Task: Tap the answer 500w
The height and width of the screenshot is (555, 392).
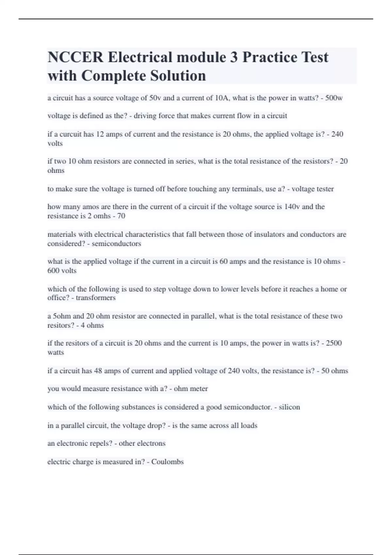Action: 334,98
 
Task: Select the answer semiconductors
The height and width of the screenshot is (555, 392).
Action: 116,244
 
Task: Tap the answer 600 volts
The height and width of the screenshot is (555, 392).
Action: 62,271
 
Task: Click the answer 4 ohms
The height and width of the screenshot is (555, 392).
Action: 92,325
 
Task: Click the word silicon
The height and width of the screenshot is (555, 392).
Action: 289,407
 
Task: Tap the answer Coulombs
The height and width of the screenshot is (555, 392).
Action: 167,462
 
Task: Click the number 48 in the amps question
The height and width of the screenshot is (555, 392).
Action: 98,371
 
